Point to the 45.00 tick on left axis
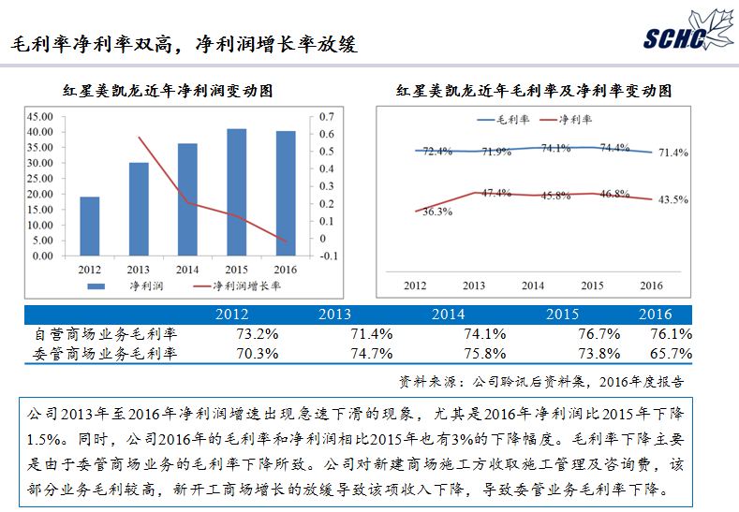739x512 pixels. point(40,116)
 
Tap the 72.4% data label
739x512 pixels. point(437,151)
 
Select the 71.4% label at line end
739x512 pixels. point(673,153)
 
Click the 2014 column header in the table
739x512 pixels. point(447,315)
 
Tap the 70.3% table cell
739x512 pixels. point(233,354)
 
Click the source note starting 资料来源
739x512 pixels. point(540,381)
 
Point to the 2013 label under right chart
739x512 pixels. point(474,285)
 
